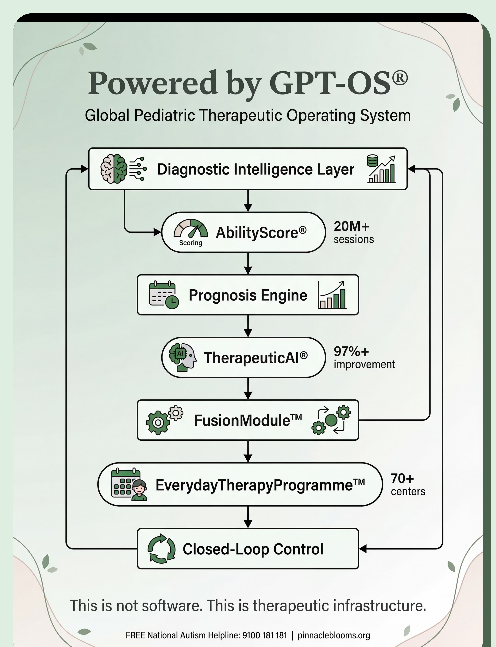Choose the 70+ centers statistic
tap(408, 485)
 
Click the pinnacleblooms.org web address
tap(334, 635)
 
